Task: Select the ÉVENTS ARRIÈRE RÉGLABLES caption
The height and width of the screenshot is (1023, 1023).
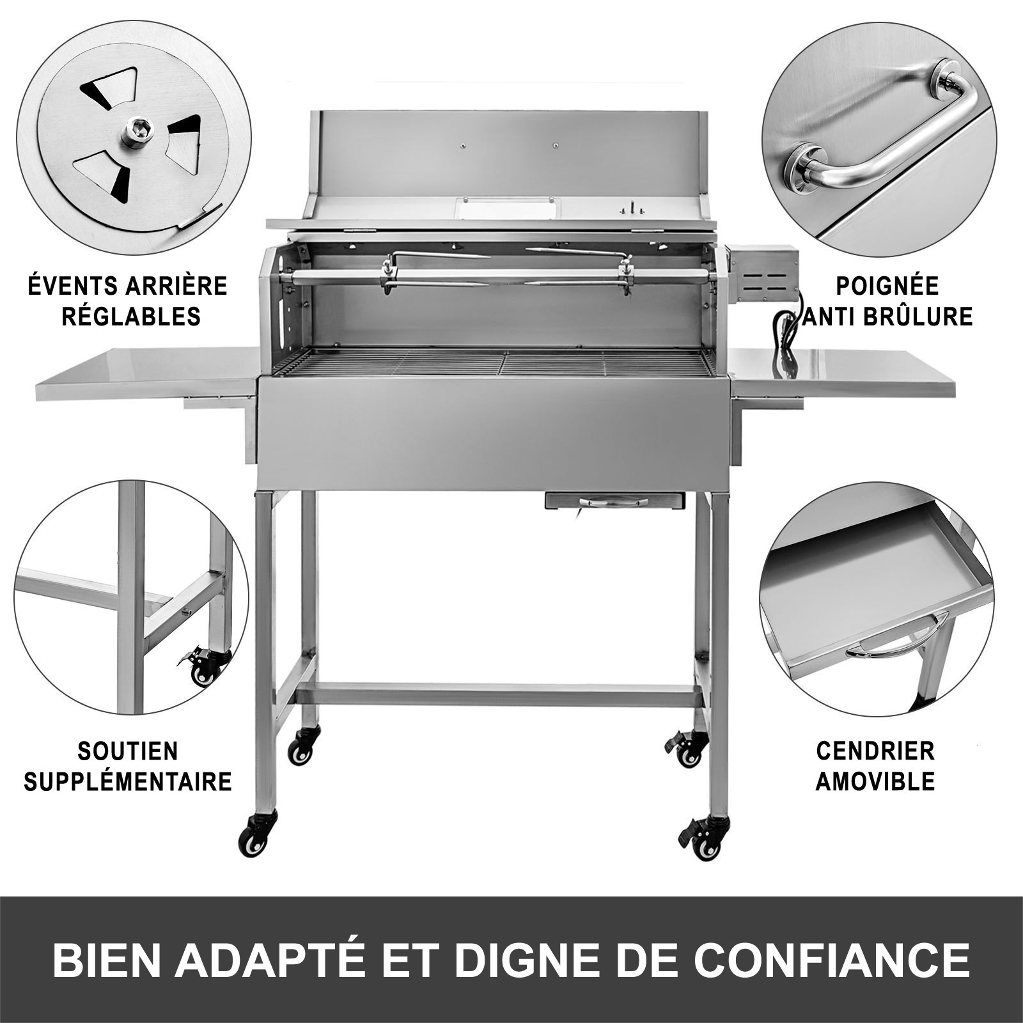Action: (x=128, y=301)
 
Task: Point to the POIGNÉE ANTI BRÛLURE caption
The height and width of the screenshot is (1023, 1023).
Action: (x=887, y=301)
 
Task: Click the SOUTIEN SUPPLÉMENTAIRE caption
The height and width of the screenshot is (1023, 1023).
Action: (x=128, y=766)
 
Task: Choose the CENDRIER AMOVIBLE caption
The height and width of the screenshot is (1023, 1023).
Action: (x=875, y=765)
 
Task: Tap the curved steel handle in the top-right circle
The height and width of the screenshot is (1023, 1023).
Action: (x=879, y=134)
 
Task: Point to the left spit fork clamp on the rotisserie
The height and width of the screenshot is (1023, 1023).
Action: (x=387, y=274)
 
